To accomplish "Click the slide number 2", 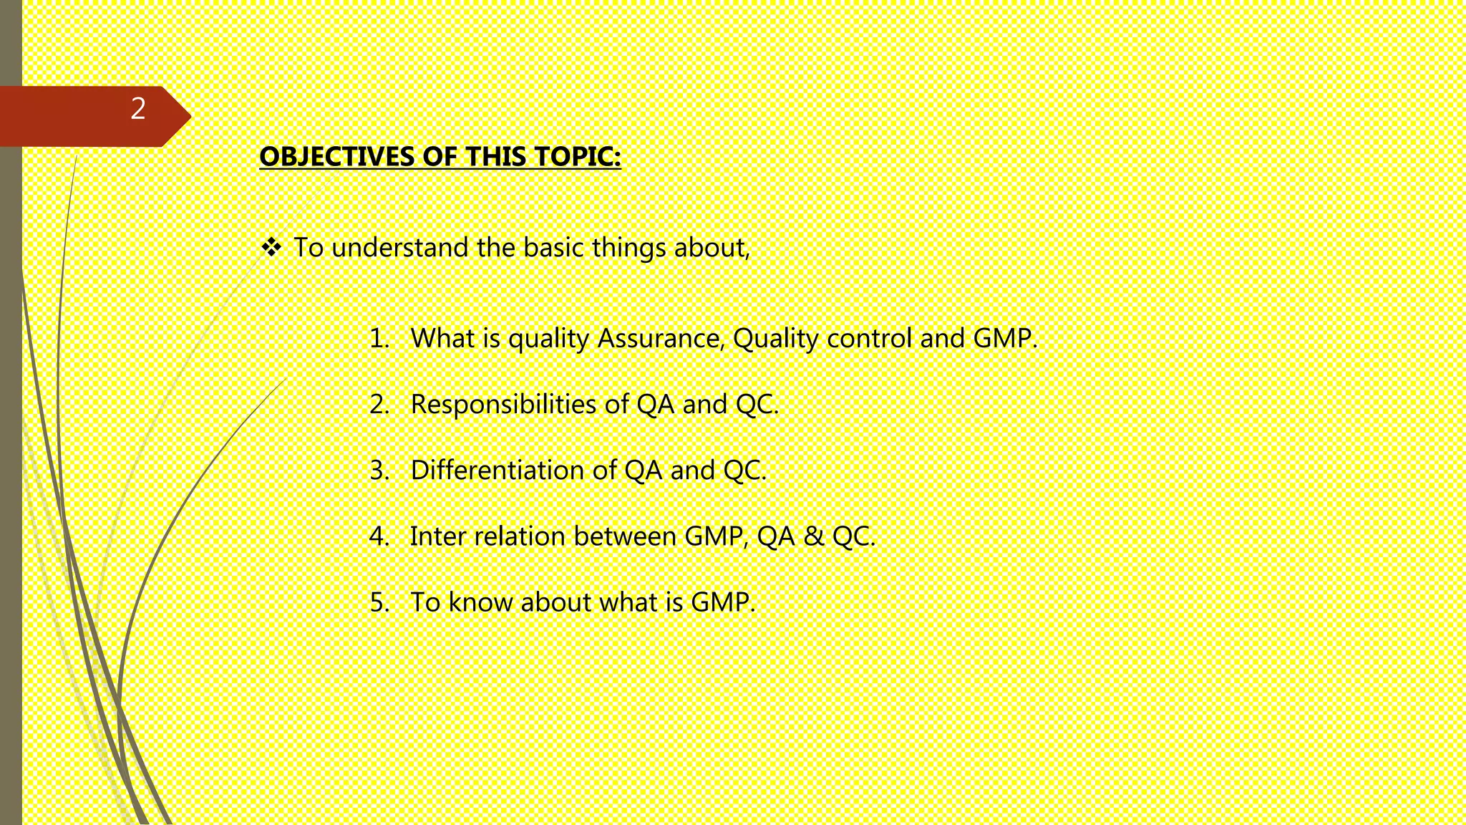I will point(138,109).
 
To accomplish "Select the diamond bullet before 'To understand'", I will point(271,248).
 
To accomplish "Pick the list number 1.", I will point(379,338).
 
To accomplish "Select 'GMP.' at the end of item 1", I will point(1005,338).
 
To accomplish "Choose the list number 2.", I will point(379,405).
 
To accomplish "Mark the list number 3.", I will point(379,471).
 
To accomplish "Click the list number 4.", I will point(379,536).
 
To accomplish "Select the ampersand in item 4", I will point(813,536).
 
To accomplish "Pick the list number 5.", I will point(379,602).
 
